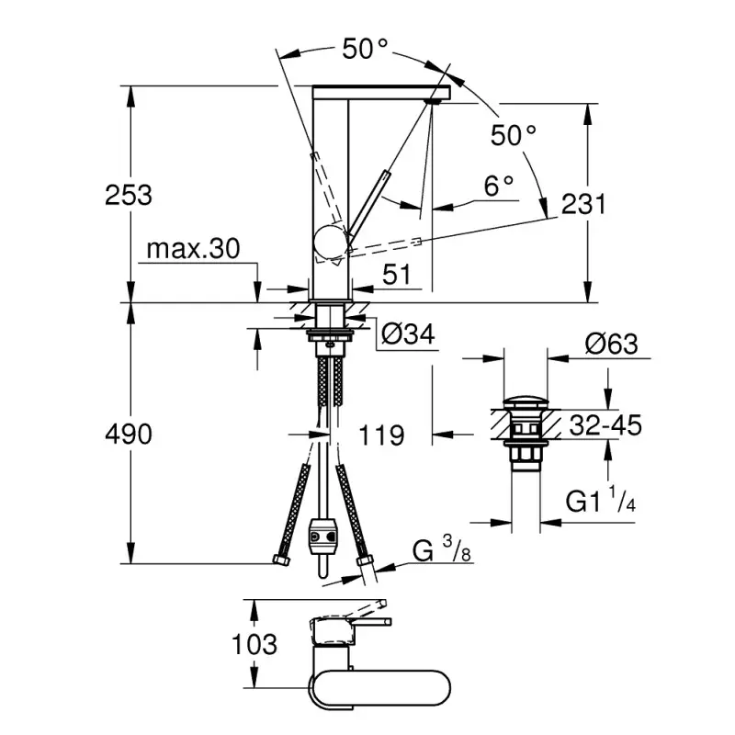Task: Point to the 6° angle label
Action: pyautogui.click(x=499, y=186)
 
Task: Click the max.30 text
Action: pyautogui.click(x=192, y=249)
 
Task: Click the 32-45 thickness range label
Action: pyautogui.click(x=605, y=424)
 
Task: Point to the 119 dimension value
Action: pyautogui.click(x=379, y=435)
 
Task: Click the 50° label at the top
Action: pyautogui.click(x=366, y=49)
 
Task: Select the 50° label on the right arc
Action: pyautogui.click(x=513, y=136)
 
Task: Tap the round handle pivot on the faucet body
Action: pyautogui.click(x=329, y=242)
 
